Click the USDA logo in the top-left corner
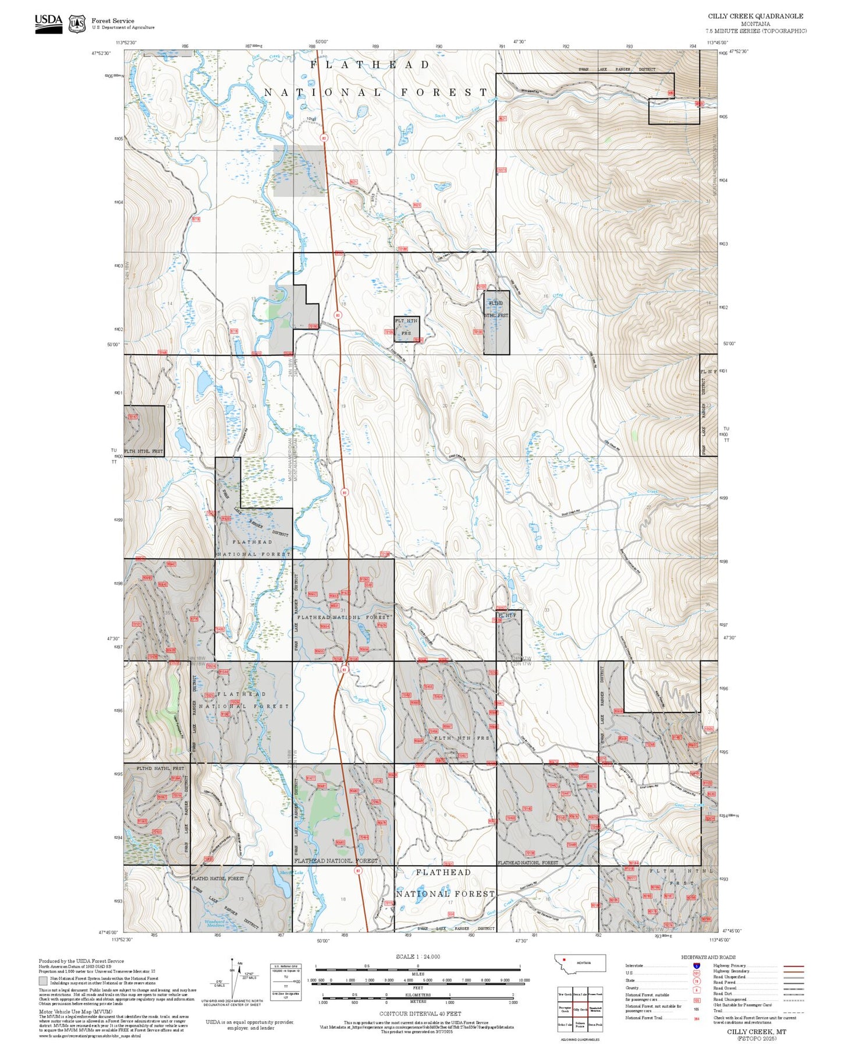click(x=48, y=23)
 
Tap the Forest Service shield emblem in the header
click(x=77, y=24)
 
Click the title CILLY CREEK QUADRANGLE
click(x=755, y=16)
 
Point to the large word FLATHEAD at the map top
click(x=370, y=65)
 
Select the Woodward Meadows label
click(x=217, y=923)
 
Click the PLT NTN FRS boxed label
click(x=406, y=327)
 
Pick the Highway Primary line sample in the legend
click(x=793, y=966)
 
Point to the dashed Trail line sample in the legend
click(x=793, y=1011)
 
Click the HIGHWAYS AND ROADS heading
click(x=708, y=957)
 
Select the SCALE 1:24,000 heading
click(x=418, y=956)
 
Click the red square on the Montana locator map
click(x=564, y=960)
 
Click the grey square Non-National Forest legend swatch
click(x=42, y=980)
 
